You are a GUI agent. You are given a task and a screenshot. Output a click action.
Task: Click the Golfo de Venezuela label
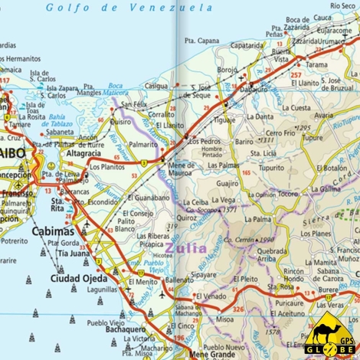click(129, 8)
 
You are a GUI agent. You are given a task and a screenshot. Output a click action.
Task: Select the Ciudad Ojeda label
click(59, 277)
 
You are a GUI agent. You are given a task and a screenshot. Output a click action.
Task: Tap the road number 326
click(238, 309)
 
